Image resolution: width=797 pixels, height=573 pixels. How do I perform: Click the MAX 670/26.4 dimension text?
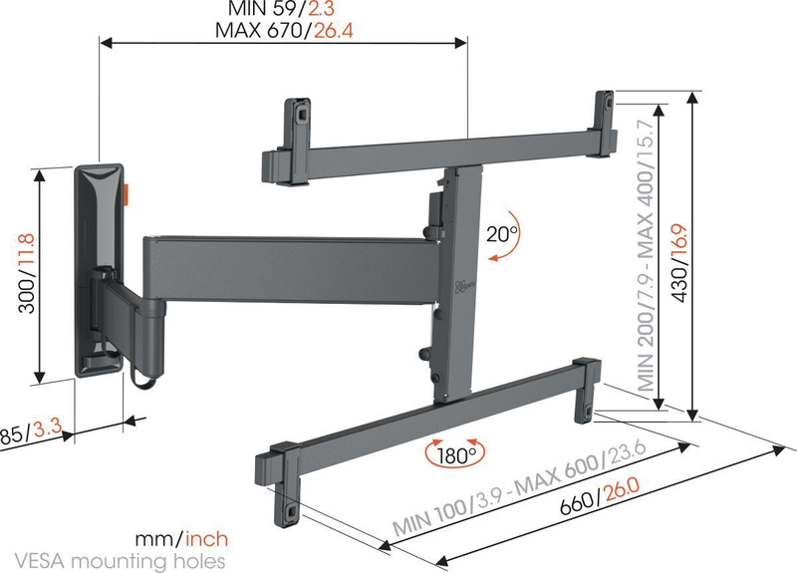(285, 30)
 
